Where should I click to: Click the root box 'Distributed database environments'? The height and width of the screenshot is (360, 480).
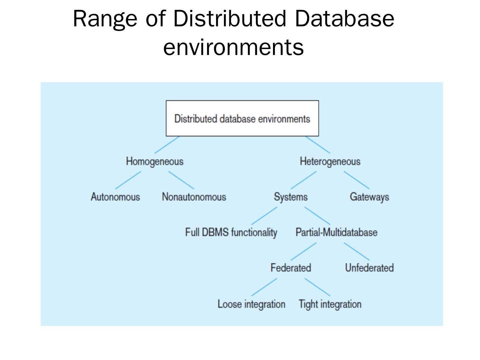coord(242,119)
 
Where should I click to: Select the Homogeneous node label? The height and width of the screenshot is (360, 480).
coord(155,162)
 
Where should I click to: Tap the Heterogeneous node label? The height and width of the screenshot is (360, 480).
coord(330,162)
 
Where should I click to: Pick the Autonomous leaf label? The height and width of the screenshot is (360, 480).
coord(115,197)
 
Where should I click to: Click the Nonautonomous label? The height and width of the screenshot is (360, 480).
coord(194,197)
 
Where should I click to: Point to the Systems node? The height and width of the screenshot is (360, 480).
coord(291,197)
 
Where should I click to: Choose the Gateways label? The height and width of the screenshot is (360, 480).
coord(369,197)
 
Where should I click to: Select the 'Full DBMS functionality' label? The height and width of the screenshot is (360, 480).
coord(231,232)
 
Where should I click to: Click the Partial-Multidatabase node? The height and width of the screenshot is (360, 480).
coord(336,232)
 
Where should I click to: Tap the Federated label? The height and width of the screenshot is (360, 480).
coord(291,268)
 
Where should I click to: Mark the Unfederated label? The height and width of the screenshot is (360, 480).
coord(369,268)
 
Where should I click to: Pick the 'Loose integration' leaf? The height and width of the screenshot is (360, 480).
coord(251,304)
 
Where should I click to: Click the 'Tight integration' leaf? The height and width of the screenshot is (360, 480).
coord(330,304)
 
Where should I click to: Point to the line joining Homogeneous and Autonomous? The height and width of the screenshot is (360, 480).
coord(128,180)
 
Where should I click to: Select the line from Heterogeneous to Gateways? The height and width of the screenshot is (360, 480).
coord(357,180)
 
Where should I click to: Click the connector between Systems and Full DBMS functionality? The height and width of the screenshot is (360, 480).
coord(264,216)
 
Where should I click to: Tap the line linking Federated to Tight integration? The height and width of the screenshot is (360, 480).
coord(317,287)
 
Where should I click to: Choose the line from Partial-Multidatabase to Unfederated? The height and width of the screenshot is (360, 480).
coord(357,251)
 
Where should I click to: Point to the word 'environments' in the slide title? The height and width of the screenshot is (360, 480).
coord(233,47)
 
